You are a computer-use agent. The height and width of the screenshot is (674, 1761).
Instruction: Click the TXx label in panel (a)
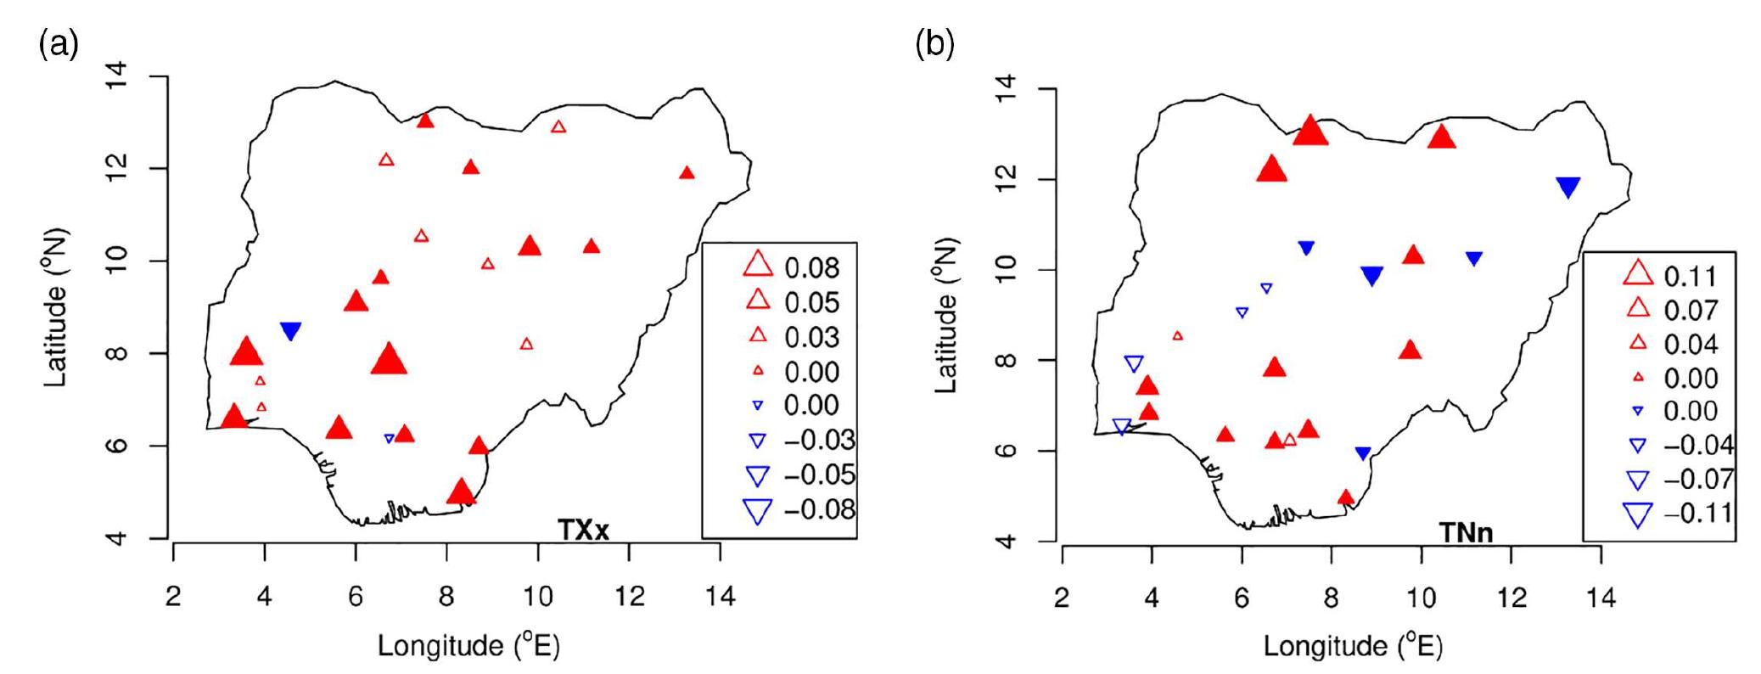click(x=584, y=529)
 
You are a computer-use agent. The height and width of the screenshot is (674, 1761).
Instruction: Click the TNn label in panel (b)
click(x=1466, y=532)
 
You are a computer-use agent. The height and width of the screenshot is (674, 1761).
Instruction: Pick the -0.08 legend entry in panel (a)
click(x=818, y=509)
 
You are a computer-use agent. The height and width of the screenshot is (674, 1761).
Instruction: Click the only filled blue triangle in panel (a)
click(x=291, y=331)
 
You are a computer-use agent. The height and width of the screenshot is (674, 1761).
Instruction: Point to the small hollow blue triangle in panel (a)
click(x=390, y=439)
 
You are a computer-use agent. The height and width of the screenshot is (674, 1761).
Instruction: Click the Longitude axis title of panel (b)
click(x=1353, y=647)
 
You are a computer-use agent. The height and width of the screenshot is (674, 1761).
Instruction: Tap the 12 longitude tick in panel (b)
click(x=1511, y=598)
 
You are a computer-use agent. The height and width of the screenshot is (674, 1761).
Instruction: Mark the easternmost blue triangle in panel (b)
click(x=1568, y=188)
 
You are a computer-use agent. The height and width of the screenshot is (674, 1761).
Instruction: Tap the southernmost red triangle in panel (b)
click(x=1345, y=497)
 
